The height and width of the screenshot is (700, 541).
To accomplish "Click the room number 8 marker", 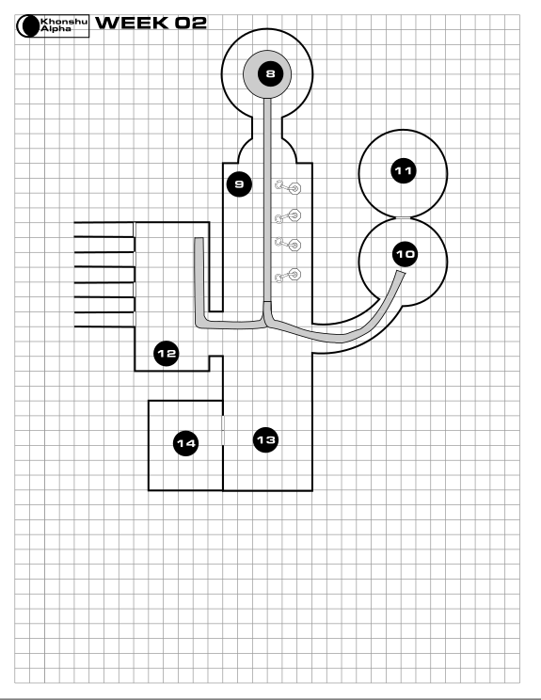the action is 270,73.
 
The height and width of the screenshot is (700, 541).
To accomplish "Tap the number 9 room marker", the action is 239,183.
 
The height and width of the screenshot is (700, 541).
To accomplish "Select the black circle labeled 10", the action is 406,254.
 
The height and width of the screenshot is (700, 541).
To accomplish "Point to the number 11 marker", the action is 404,171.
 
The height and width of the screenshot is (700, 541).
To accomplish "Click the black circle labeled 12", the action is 167,354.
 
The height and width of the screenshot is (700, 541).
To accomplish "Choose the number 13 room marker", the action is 266,440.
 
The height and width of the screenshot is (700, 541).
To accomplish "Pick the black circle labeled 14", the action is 185,443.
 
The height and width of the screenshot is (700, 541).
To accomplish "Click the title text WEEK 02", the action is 151,23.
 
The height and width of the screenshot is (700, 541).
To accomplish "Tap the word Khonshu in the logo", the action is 64,21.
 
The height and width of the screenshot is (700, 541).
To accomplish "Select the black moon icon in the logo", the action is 28,26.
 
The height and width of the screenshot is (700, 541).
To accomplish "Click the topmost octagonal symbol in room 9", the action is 294,188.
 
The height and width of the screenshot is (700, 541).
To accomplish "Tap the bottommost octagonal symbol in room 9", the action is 294,274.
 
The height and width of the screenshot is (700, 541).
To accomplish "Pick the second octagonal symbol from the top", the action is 294,215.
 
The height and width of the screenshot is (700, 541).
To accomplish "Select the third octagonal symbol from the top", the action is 294,245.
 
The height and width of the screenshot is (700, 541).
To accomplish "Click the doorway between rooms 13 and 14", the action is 223,430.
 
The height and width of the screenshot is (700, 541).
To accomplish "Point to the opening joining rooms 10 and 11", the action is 403,218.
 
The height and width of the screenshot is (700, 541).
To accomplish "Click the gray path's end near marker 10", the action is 401,273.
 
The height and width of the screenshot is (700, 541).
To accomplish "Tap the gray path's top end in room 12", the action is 199,240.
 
